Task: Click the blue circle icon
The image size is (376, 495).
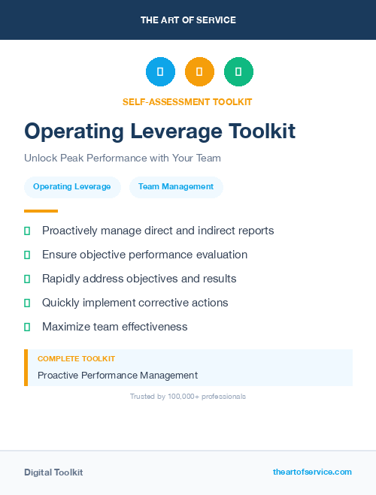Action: coord(160,72)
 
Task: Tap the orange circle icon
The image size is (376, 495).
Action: coord(199,72)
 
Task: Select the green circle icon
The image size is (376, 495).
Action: coord(238,72)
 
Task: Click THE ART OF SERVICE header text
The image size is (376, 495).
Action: coord(188,20)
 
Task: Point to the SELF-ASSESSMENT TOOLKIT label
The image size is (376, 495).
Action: coord(187,101)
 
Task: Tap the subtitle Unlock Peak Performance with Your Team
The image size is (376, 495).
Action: coord(123,158)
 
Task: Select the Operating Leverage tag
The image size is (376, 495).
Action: coord(72,187)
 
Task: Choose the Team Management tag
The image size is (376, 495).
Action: coord(176,187)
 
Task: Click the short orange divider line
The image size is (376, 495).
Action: coord(41,211)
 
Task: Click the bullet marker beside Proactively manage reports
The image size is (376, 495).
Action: coord(27,231)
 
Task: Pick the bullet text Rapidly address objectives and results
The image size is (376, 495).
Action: coord(139,279)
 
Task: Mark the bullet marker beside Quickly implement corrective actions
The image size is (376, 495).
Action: coord(27,303)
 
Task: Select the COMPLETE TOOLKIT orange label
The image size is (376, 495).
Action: coord(76,359)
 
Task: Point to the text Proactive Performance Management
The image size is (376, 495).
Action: coord(117,375)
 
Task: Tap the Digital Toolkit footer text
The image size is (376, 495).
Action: coord(53,472)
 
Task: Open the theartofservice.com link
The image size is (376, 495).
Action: coord(312,472)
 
